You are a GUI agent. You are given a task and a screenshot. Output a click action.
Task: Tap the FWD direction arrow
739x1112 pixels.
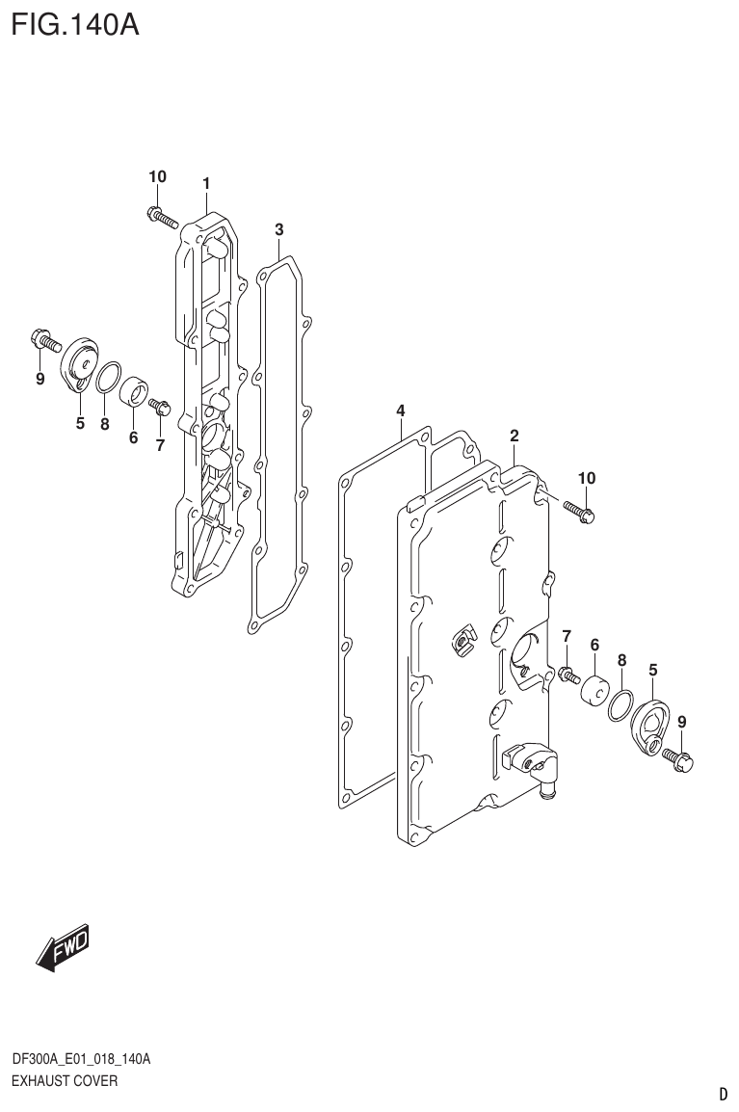[x=64, y=948]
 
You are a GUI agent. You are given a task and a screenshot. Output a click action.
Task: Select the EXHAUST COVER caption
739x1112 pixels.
[x=65, y=1081]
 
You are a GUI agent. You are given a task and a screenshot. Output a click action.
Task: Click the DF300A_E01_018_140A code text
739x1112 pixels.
[x=81, y=1060]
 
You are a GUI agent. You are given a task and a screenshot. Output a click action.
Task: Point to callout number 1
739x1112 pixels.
[x=206, y=183]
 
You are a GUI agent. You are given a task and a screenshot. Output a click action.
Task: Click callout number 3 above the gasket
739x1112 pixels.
[x=278, y=229]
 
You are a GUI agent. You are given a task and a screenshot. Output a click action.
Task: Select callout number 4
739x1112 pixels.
[x=400, y=412]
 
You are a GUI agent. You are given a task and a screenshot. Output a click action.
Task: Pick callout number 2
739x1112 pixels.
[x=515, y=436]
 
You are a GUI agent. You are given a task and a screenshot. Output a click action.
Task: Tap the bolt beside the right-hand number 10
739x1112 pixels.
[x=579, y=511]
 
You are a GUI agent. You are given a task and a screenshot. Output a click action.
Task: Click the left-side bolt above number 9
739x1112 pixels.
[x=44, y=340]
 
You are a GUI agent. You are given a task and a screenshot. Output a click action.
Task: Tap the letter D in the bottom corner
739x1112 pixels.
[x=722, y=1095]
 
